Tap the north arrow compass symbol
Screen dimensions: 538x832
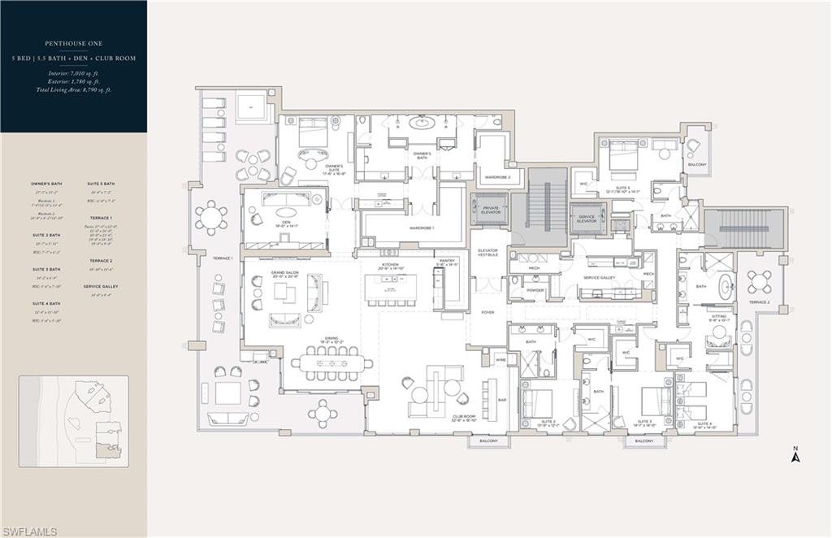tap(796, 456)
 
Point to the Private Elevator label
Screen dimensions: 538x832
tap(490, 209)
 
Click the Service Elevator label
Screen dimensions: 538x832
tap(587, 217)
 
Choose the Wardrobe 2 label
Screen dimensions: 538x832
tap(496, 176)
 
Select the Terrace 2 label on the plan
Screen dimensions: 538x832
tap(759, 302)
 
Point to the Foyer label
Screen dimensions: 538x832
tap(487, 312)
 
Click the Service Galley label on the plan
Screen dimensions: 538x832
tap(600, 278)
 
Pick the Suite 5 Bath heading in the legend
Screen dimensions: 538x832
tap(101, 184)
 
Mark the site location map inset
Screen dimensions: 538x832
tap(74, 421)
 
